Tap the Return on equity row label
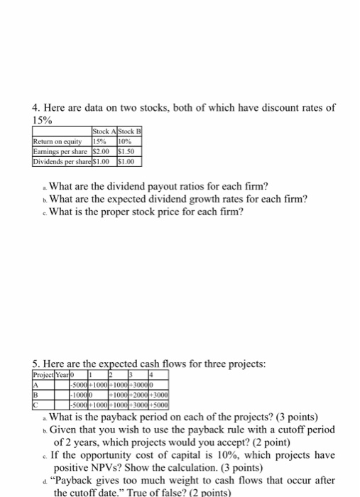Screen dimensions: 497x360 [x=57, y=141]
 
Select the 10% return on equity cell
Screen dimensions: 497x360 [x=126, y=141]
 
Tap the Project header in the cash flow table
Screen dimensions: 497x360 [x=44, y=375]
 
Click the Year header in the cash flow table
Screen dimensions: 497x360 [x=63, y=375]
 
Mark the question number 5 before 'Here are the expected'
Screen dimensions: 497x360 [x=35, y=364]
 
